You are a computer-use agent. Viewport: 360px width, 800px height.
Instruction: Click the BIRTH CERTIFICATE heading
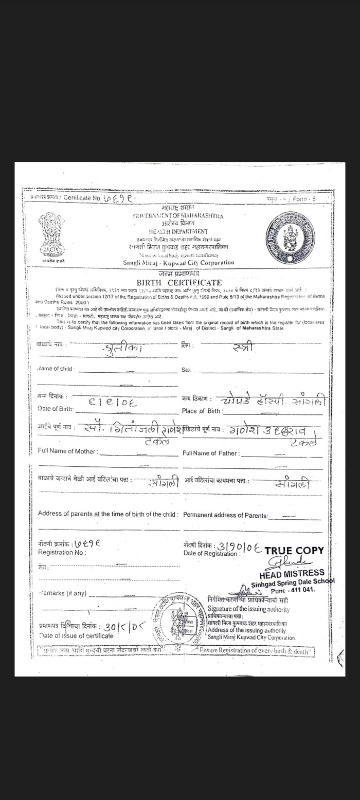point(179,282)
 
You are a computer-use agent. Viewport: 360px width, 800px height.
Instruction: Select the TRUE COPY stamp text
point(294,550)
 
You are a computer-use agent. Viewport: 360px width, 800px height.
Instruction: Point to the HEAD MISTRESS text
point(292,573)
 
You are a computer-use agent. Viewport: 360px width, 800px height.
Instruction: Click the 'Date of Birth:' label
point(56,409)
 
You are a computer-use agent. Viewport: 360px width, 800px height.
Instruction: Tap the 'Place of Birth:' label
point(202,411)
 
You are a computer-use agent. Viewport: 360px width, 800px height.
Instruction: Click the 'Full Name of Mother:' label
point(67,451)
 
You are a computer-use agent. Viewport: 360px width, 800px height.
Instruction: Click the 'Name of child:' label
point(56,369)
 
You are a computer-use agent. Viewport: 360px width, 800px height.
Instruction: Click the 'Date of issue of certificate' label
point(76,635)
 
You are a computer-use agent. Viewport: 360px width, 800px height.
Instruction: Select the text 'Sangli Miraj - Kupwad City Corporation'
point(178,263)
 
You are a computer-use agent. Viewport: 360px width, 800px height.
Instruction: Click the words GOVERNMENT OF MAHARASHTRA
point(178,216)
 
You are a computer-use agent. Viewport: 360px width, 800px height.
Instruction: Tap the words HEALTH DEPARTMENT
point(178,232)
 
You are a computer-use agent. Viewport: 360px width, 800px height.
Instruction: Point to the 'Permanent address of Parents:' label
point(225,515)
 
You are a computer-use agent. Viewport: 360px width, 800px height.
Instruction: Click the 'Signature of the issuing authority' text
point(248,609)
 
